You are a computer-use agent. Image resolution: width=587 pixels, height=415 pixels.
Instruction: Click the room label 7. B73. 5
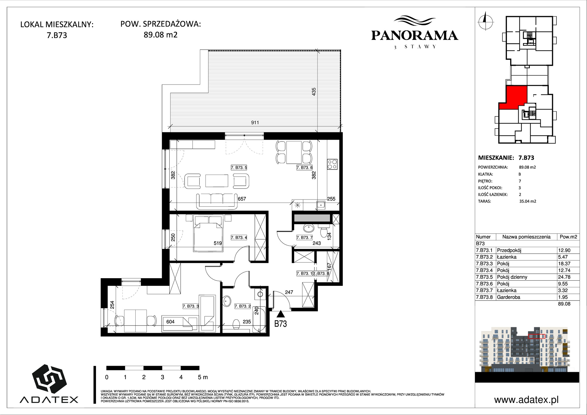click(x=239, y=168)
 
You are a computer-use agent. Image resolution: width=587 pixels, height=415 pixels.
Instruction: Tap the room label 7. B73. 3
click(x=191, y=306)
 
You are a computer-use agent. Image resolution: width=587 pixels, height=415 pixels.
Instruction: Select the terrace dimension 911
click(x=255, y=122)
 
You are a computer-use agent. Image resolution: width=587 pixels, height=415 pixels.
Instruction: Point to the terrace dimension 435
click(x=314, y=92)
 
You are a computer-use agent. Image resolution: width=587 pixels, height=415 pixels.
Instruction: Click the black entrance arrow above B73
click(x=281, y=314)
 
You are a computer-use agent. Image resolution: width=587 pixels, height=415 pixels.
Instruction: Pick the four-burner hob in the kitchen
click(x=332, y=164)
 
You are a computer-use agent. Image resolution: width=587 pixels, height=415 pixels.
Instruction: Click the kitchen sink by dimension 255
click(x=321, y=205)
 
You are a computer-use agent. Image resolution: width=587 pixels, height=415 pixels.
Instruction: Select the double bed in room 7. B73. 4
click(x=208, y=234)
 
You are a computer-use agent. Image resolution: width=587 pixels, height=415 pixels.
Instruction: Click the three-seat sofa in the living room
click(x=217, y=201)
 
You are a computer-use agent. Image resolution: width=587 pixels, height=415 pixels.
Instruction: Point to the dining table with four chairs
click(x=294, y=153)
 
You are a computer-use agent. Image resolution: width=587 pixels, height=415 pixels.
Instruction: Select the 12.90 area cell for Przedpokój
click(x=564, y=250)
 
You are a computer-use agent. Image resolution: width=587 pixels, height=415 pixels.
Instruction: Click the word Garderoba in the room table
click(x=508, y=297)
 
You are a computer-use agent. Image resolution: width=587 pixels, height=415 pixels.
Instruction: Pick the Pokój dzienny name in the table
click(x=512, y=277)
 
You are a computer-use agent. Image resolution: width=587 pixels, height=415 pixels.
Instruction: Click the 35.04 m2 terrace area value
click(x=528, y=201)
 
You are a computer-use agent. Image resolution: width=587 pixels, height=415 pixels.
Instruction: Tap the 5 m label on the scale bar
click(x=203, y=377)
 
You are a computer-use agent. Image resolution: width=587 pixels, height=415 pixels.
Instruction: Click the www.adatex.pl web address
click(x=527, y=400)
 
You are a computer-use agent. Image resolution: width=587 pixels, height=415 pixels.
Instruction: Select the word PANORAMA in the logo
click(x=414, y=36)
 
